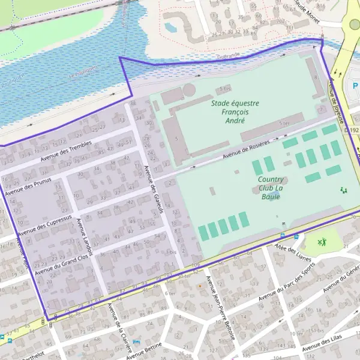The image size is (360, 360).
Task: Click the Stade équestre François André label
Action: pyautogui.click(x=235, y=112)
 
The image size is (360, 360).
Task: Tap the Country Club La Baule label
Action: pyautogui.click(x=271, y=188)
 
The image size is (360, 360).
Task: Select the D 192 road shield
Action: pyautogui.click(x=352, y=130)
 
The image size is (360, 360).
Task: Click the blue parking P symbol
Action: pyautogui.click(x=356, y=86)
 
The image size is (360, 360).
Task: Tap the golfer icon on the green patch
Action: pyautogui.click(x=323, y=242)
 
